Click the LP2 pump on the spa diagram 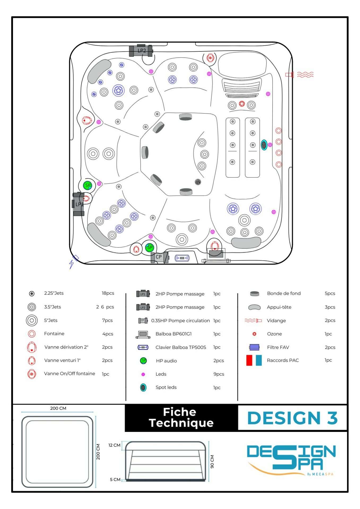[x=141, y=50]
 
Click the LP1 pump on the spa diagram [x=78, y=204]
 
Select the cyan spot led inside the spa [x=264, y=145]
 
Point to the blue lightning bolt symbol [x=71, y=264]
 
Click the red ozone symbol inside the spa [x=242, y=104]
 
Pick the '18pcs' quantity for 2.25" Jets [x=108, y=293]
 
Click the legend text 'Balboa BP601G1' [x=174, y=334]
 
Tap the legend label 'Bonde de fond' [x=284, y=293]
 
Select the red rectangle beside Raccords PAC [x=249, y=360]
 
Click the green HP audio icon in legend [x=143, y=361]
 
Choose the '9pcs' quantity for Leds [x=219, y=374]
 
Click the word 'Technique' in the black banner [x=181, y=423]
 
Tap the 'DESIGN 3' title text [x=292, y=418]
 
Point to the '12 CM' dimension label [x=114, y=445]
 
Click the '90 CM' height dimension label [x=212, y=462]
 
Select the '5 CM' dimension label [x=115, y=480]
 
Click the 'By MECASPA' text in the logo [x=320, y=474]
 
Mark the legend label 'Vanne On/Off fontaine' [x=70, y=374]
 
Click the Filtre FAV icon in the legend [x=254, y=347]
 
